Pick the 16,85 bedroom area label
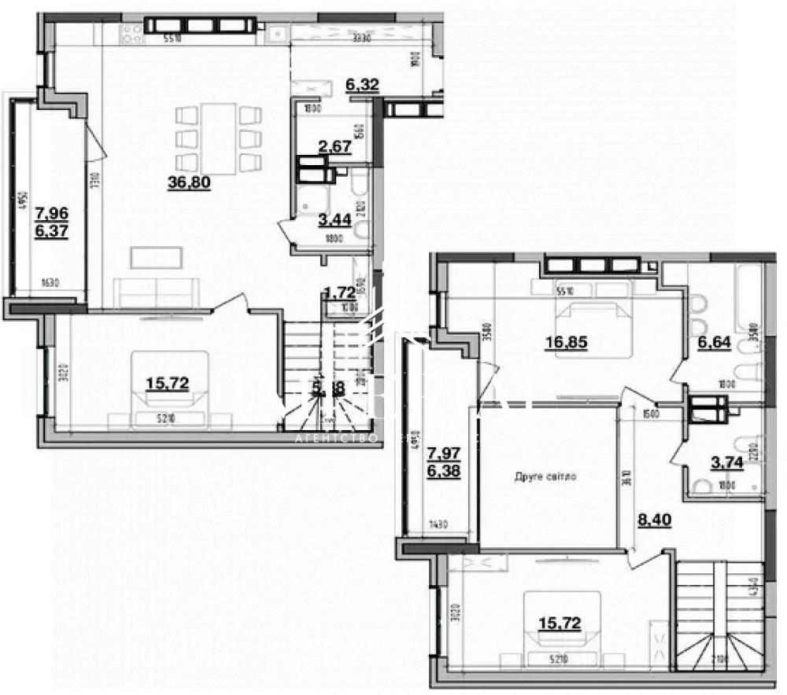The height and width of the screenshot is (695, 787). [x=565, y=342]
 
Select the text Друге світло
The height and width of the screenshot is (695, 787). [x=545, y=476]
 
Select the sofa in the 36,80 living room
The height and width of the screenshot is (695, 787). [x=157, y=292]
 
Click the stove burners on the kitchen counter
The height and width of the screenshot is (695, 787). [x=131, y=32]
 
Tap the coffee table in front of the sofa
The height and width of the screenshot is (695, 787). [x=157, y=256]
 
